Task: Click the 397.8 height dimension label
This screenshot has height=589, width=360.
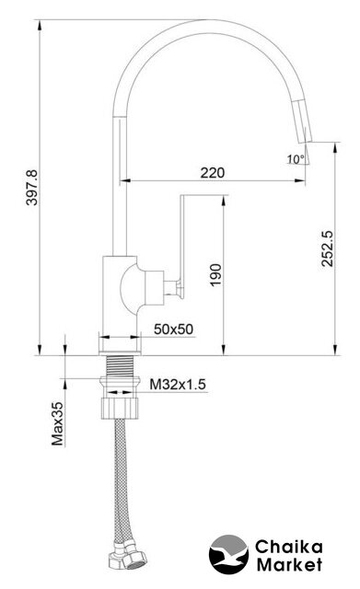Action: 32,188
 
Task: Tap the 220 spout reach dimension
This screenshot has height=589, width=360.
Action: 213,173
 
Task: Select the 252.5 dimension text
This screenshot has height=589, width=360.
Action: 327,248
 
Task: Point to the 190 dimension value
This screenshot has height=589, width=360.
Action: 215,275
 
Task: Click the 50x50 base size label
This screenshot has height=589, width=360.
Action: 174,329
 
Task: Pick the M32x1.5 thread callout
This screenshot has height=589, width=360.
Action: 178,385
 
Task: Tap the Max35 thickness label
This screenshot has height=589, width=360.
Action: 57,423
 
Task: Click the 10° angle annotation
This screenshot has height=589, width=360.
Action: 296,159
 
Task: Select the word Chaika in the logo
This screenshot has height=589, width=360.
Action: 288,547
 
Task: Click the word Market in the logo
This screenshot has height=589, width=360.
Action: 289,564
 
